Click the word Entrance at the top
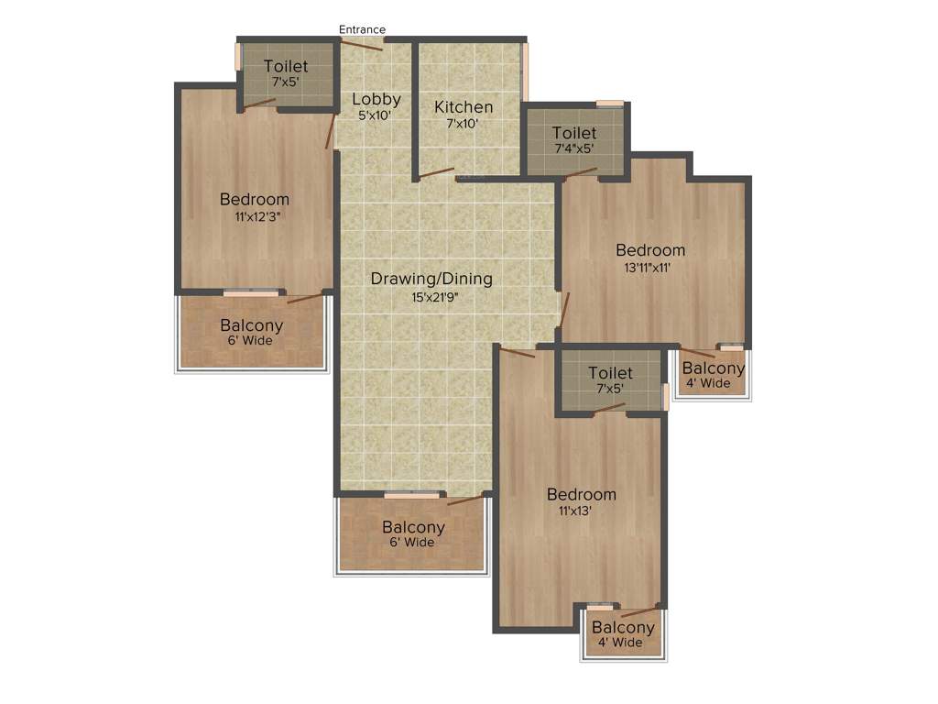tap(362, 29)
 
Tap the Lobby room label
tap(376, 99)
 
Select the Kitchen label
tap(464, 106)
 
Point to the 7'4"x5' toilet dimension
tap(574, 148)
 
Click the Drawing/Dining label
tap(431, 279)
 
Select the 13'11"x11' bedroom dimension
tap(649, 268)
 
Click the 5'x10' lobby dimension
tap(375, 115)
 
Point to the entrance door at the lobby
tap(362, 43)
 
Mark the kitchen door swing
tap(437, 172)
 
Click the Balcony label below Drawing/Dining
tap(413, 527)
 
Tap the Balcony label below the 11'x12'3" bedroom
tap(251, 325)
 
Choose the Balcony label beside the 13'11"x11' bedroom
tap(714, 368)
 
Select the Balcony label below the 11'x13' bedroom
tap(623, 628)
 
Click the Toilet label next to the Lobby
tap(286, 66)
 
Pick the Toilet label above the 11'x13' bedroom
tap(610, 373)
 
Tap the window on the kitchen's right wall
tap(526, 71)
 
